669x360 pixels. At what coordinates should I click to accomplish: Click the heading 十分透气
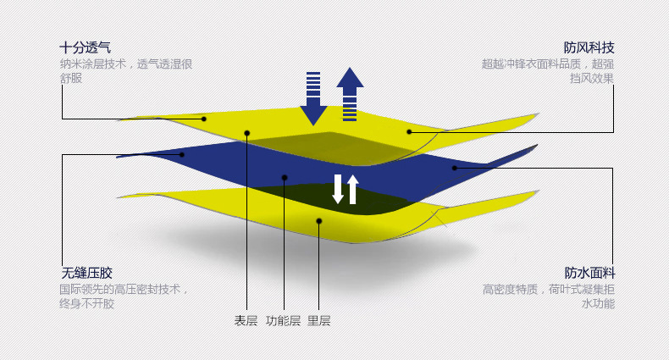click(x=85, y=47)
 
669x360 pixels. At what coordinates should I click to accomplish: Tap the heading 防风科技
click(x=589, y=47)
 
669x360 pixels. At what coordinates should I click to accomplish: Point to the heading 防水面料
click(x=589, y=273)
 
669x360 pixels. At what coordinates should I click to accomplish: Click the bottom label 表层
click(x=246, y=321)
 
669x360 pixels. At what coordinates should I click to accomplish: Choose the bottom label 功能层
click(x=283, y=321)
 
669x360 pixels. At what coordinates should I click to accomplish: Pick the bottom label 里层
click(x=318, y=321)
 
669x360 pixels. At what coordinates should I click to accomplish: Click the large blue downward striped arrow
click(x=313, y=99)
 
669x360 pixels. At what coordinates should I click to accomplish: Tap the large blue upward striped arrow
click(x=350, y=94)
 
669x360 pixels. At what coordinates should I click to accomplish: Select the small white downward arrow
click(x=338, y=189)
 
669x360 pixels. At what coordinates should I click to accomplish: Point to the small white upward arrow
click(x=353, y=189)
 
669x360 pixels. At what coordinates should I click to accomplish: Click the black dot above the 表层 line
click(x=247, y=133)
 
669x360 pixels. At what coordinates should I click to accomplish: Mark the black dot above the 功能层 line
click(x=285, y=178)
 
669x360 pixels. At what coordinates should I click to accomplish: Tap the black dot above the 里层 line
click(x=319, y=221)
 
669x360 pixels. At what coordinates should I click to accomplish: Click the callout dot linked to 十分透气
click(x=204, y=119)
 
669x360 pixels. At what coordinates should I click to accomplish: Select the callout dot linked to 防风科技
click(x=409, y=132)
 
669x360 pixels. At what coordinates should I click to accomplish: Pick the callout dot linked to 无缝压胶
click(x=182, y=154)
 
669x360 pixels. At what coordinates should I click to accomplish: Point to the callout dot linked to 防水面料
click(x=454, y=168)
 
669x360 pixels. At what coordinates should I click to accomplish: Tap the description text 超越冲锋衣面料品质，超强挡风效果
click(x=548, y=70)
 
